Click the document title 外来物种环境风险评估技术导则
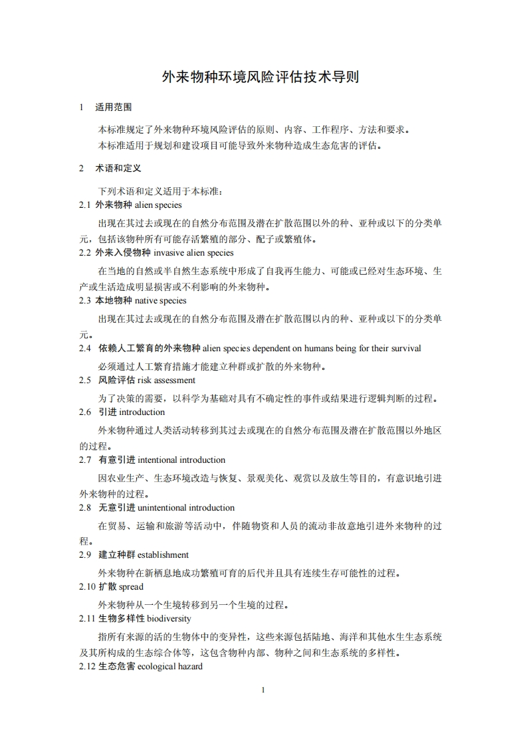261,77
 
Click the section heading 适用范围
114,107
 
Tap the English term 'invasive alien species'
193,253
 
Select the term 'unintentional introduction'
186,508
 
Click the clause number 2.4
85,349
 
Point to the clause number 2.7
85,460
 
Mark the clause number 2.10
87,587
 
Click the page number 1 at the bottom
263,690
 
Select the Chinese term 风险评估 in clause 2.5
116,380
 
